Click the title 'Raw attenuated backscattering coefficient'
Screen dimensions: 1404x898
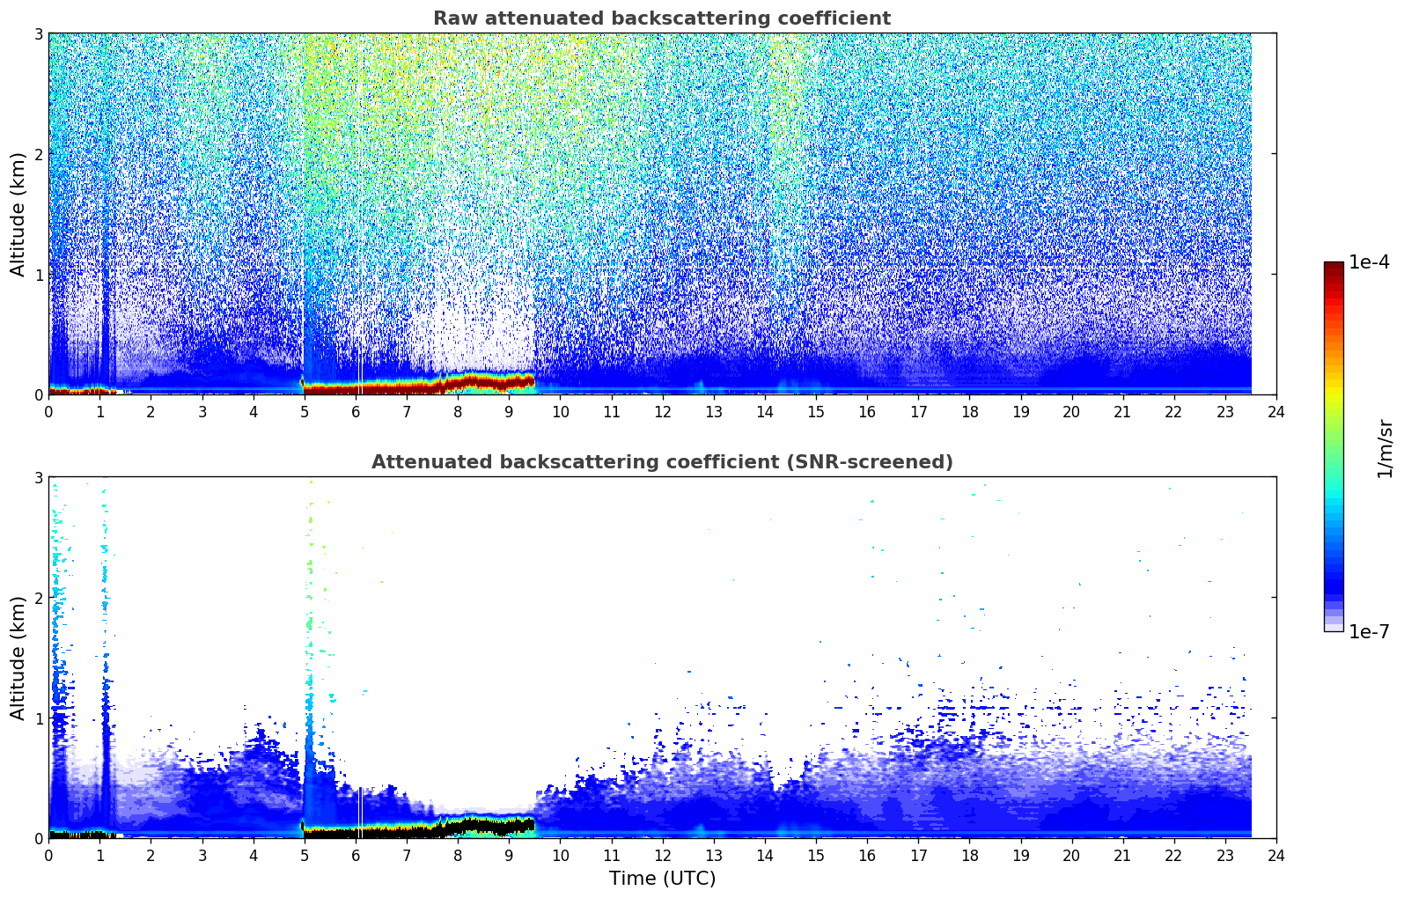point(662,18)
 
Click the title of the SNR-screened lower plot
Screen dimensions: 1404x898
point(662,462)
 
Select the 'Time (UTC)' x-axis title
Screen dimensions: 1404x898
point(662,879)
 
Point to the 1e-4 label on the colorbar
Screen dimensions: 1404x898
point(1369,262)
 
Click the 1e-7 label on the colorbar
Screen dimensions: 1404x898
point(1369,631)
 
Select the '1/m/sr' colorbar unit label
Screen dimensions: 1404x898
point(1386,449)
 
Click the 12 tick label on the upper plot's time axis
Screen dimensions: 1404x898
point(663,412)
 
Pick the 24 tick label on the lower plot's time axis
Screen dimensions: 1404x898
point(1276,856)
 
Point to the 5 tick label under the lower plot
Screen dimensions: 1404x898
point(305,856)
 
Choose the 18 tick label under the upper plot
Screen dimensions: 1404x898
point(970,412)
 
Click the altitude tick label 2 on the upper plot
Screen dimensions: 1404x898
point(39,154)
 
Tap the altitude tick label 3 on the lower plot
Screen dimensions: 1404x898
point(39,478)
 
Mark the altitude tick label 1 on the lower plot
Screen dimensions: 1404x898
point(39,718)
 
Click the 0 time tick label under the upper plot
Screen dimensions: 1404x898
point(49,412)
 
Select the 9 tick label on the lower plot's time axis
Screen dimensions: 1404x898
point(509,856)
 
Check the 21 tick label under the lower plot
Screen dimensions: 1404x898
point(1122,856)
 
